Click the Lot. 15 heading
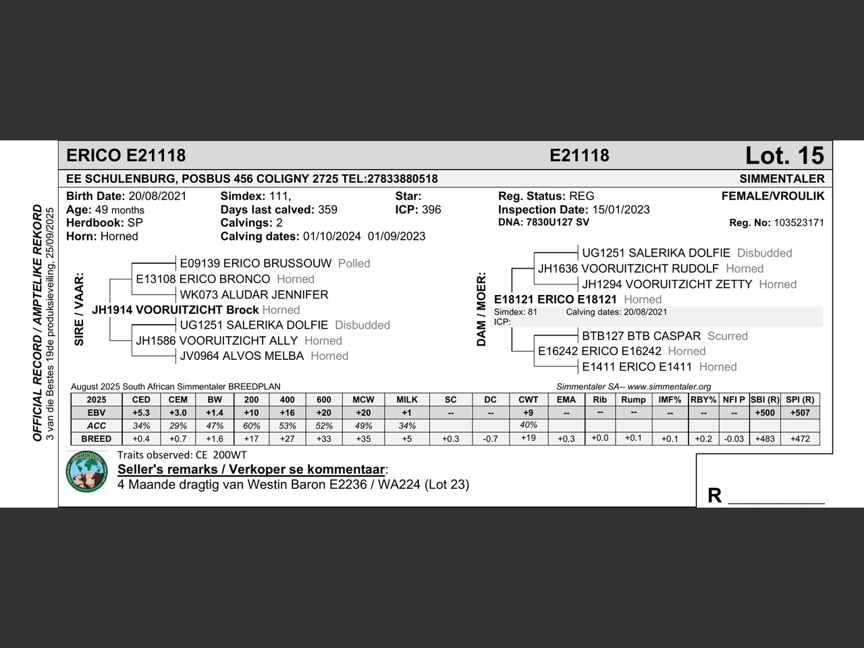(x=784, y=156)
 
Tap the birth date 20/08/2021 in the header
(x=157, y=196)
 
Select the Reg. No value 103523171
(x=799, y=223)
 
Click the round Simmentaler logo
(x=87, y=472)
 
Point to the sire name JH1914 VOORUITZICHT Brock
(x=175, y=310)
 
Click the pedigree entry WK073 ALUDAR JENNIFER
(x=254, y=295)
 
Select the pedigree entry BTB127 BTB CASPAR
(x=641, y=336)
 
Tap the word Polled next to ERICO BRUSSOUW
(x=354, y=263)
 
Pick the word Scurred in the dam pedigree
(x=727, y=336)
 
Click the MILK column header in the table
(x=407, y=400)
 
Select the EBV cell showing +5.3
(x=141, y=412)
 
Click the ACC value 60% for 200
(x=251, y=425)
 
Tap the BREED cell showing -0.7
(x=490, y=439)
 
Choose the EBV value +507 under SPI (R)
(x=800, y=412)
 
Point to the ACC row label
(x=97, y=425)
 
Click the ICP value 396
(x=431, y=210)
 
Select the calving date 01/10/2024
(x=332, y=236)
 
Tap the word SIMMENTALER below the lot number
(x=782, y=179)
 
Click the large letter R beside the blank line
(x=714, y=495)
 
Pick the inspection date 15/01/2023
(x=621, y=210)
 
